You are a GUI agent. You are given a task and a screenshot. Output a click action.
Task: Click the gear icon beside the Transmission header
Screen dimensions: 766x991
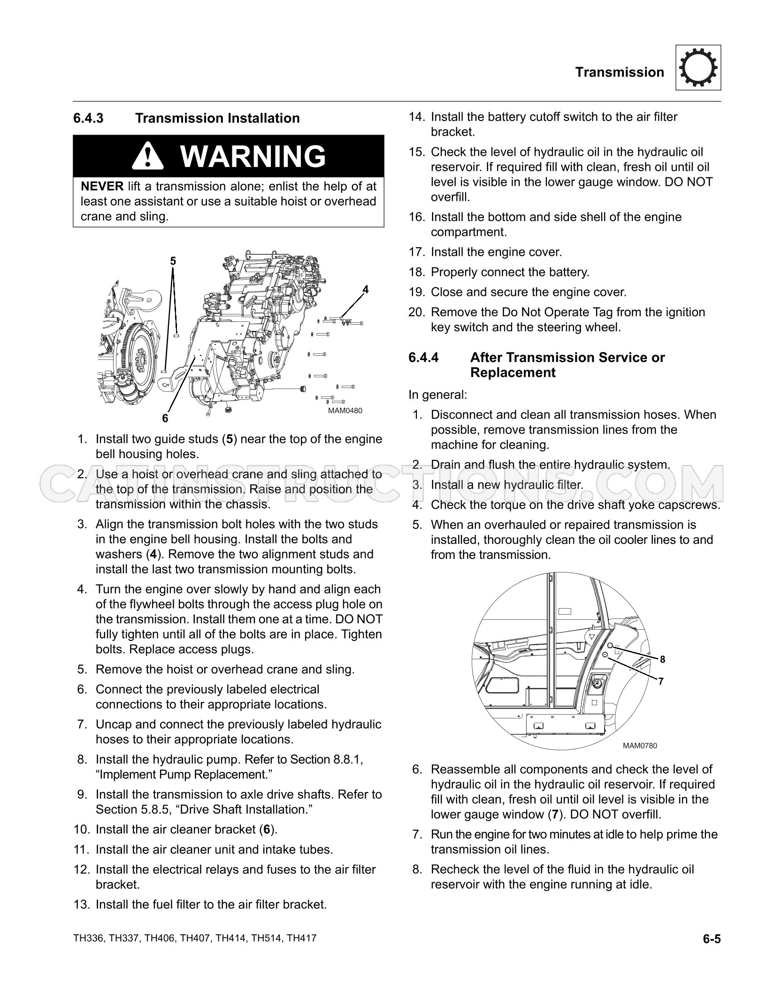[698, 68]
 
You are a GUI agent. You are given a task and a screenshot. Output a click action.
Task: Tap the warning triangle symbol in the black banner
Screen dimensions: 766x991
[147, 156]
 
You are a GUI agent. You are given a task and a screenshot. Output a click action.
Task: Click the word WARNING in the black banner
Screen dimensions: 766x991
[253, 156]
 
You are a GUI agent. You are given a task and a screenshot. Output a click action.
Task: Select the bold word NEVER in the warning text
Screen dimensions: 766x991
[102, 187]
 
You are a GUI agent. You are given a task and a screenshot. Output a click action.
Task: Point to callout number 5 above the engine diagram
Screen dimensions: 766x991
[173, 261]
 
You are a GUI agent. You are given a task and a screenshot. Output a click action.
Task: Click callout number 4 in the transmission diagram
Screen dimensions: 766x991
[365, 290]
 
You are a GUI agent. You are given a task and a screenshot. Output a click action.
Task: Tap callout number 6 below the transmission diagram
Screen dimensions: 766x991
[165, 418]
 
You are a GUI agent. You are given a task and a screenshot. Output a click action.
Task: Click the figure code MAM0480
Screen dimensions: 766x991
[345, 411]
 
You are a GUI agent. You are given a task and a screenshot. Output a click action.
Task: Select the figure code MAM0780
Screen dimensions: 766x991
[640, 746]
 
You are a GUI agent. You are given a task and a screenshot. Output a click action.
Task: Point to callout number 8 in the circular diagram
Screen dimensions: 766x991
[662, 659]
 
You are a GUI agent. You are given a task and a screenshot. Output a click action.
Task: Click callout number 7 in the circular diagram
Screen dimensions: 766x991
[661, 681]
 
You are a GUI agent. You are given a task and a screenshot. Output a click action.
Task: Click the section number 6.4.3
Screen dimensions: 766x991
[88, 118]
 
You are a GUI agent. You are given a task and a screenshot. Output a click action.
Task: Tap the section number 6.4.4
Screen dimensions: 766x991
[423, 358]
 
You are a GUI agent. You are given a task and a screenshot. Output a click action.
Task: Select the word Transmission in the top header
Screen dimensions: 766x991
[620, 72]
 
